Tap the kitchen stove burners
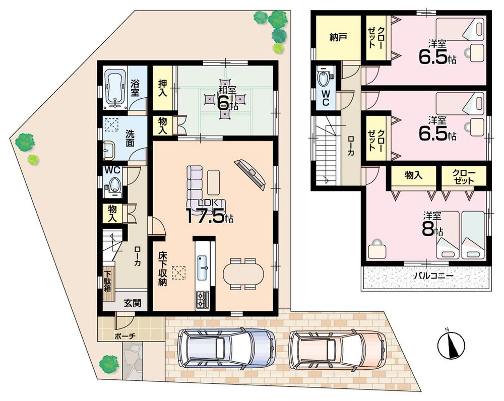[x=202, y=299]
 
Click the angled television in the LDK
[x=250, y=174]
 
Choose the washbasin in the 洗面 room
[x=109, y=150]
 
